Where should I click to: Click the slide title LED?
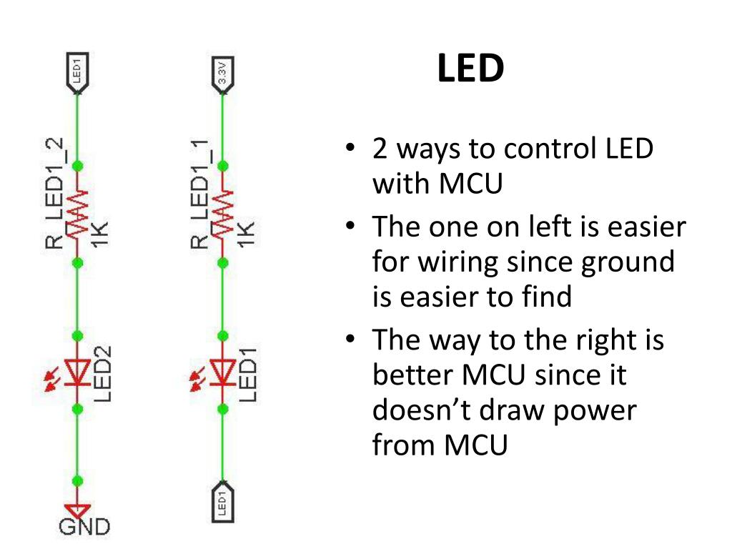[470, 69]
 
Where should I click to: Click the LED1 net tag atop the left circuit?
[78, 72]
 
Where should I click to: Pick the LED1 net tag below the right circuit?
[222, 502]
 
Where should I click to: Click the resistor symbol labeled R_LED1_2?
[78, 214]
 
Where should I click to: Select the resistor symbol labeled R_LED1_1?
[222, 214]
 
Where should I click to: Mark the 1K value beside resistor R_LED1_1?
[245, 234]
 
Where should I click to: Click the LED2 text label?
[103, 374]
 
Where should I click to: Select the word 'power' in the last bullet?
[591, 410]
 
